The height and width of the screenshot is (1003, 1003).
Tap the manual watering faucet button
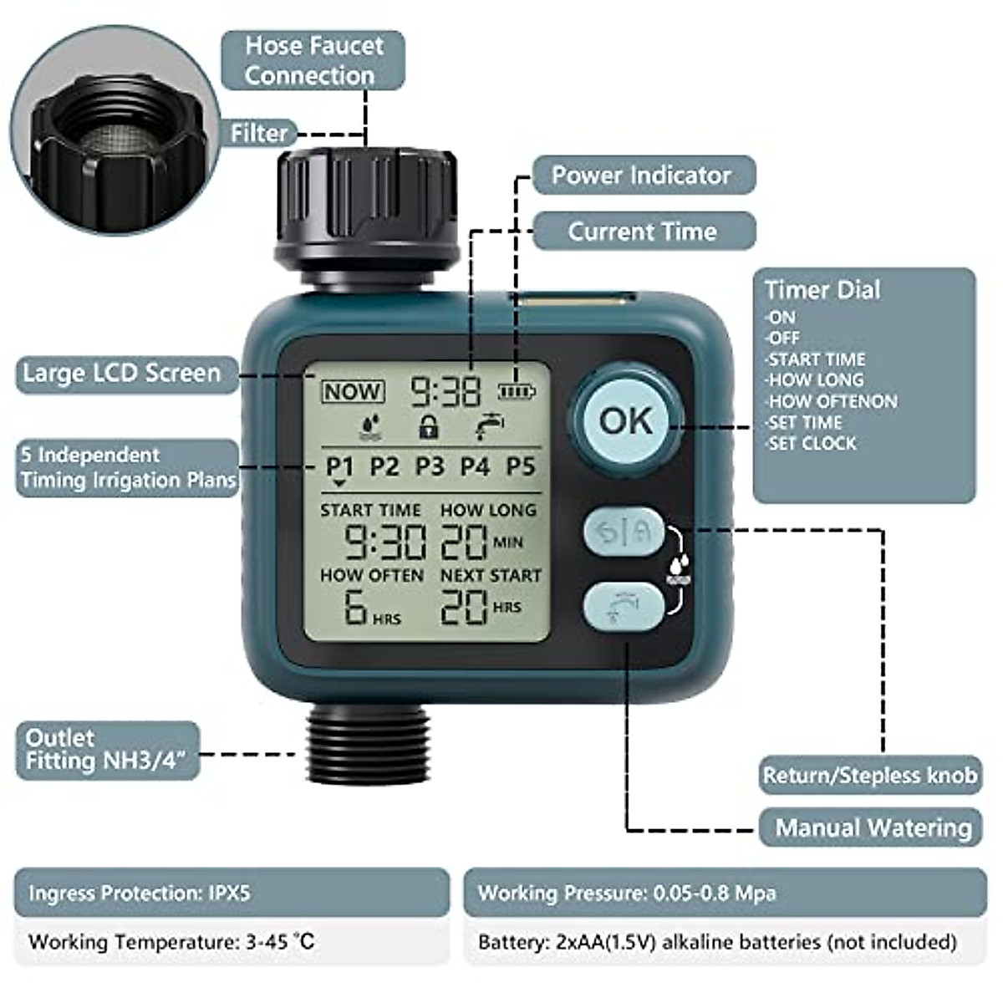pos(623,605)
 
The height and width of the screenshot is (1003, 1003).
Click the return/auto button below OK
pos(623,532)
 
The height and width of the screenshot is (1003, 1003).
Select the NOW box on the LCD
pos(353,391)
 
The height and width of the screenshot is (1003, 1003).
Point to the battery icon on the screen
pos(517,390)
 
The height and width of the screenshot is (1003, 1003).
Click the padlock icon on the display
pos(428,426)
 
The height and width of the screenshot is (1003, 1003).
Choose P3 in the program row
pos(430,466)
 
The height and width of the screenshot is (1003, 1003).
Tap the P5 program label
pos(520,466)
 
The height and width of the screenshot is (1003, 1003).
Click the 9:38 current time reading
pos(445,391)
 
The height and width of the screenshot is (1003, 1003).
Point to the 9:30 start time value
pos(385,542)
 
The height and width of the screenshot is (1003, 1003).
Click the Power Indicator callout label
pos(642,176)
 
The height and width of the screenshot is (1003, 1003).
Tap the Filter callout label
pos(259,133)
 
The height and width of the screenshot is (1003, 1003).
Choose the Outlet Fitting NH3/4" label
pos(107,750)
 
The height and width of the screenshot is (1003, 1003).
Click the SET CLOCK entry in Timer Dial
pos(812,444)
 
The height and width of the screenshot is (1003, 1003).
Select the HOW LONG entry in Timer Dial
pos(816,379)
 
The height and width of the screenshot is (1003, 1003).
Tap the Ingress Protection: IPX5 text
pos(140,893)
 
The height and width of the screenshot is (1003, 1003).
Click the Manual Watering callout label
pos(873,827)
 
